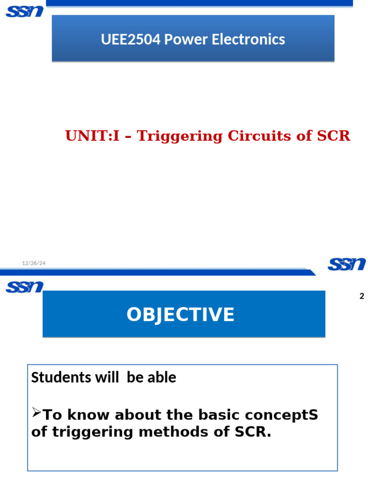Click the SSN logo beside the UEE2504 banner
tap(24, 11)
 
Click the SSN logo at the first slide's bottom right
tap(346, 264)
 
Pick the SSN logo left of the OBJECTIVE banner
tap(24, 287)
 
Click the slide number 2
tap(362, 296)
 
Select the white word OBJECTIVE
tap(181, 315)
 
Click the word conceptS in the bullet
tap(287, 415)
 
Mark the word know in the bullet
tap(84, 415)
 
